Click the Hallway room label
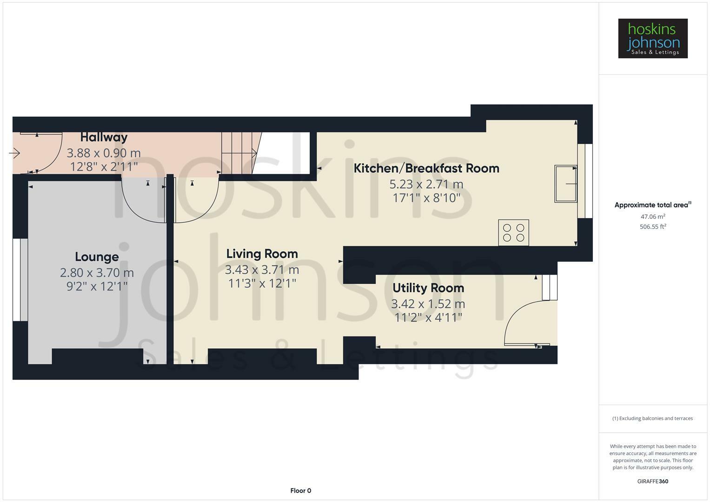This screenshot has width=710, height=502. tap(104, 138)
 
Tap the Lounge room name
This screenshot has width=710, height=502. tap(97, 257)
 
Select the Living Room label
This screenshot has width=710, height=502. tap(262, 254)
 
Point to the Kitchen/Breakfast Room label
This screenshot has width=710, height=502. tap(427, 168)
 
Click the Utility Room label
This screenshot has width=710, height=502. tap(428, 288)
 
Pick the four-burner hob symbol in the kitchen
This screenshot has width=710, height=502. tap(513, 232)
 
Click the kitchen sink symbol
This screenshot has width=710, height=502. tap(566, 184)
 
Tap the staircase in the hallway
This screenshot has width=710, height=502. tap(241, 153)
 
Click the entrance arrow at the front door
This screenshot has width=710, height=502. tap(14, 153)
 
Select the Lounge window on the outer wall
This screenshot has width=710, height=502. tap(20, 280)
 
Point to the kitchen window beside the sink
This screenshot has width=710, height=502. tap(585, 181)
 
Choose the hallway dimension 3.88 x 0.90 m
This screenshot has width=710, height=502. tap(104, 153)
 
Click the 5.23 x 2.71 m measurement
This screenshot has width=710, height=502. tap(426, 184)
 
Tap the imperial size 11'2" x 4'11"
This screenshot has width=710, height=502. tap(428, 317)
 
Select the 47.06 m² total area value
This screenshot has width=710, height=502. tap(653, 217)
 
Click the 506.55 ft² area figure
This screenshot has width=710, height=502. tap(653, 227)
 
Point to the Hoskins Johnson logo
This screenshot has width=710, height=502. tap(653, 38)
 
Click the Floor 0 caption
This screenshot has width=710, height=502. tap(301, 490)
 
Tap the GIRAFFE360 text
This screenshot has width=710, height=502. tap(653, 481)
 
